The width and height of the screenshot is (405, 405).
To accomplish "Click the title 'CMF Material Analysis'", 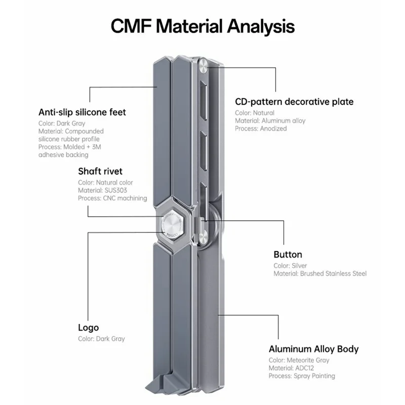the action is (203, 26).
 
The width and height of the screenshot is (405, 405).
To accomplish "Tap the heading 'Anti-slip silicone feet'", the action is (82, 112).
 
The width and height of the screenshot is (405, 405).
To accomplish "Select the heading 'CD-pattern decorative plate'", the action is (294, 102).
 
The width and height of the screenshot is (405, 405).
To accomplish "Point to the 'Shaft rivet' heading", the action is (100, 171).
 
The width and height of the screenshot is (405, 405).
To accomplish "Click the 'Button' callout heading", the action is (288, 255).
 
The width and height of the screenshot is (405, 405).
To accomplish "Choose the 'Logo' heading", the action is (88, 328).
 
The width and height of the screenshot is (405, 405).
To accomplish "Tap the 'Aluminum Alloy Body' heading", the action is (313, 349).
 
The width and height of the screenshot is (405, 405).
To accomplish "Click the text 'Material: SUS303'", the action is (103, 190).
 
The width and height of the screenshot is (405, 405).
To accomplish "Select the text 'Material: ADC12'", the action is (291, 368).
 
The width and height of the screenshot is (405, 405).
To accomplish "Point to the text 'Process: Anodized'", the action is (261, 129).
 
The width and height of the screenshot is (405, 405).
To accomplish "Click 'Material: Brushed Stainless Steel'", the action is (320, 273).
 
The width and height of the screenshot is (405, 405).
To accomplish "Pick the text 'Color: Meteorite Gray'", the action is (299, 360).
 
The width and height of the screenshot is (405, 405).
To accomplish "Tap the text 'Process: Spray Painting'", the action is (302, 376).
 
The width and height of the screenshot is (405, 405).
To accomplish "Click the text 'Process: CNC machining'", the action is (112, 198).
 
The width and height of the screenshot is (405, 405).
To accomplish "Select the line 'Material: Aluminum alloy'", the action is (270, 120).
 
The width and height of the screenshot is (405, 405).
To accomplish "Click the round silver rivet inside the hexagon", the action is (172, 223).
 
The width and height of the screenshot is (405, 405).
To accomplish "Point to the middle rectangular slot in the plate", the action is (204, 152).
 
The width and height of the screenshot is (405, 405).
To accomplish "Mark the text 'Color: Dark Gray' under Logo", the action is (101, 339).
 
